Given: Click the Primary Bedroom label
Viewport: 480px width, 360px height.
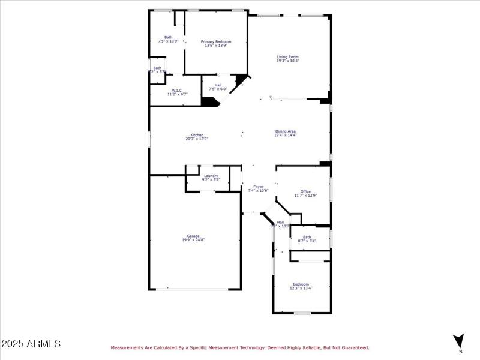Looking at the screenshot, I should pyautogui.click(x=216, y=41).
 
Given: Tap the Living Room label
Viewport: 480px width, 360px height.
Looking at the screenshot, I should pyautogui.click(x=288, y=57).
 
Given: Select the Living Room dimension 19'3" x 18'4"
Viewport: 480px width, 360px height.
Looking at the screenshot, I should pyautogui.click(x=288, y=61).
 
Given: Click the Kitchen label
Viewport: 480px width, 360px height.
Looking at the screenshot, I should pyautogui.click(x=197, y=135).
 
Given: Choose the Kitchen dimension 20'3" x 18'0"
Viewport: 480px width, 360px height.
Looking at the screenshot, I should pyautogui.click(x=197, y=139).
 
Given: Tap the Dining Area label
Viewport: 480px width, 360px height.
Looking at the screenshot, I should pyautogui.click(x=286, y=131).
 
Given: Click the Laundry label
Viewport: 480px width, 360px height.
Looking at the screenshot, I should pyautogui.click(x=211, y=176).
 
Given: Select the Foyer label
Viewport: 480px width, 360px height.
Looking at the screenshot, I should pyautogui.click(x=258, y=187).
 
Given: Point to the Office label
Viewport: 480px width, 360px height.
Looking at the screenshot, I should pyautogui.click(x=305, y=191).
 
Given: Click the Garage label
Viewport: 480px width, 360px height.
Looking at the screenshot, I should pyautogui.click(x=193, y=236).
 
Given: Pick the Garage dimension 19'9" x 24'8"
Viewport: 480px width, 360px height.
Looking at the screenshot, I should pyautogui.click(x=193, y=240).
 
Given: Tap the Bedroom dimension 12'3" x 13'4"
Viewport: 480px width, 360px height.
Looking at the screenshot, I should pyautogui.click(x=301, y=288).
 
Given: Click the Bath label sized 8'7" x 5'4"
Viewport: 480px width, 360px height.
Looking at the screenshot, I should pyautogui.click(x=307, y=237).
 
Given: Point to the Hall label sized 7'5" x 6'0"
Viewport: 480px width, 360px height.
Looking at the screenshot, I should pyautogui.click(x=218, y=85).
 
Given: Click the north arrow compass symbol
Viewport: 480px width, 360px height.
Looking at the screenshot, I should pyautogui.click(x=459, y=341).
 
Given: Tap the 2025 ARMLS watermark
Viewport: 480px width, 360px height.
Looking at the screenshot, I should pyautogui.click(x=31, y=344).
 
